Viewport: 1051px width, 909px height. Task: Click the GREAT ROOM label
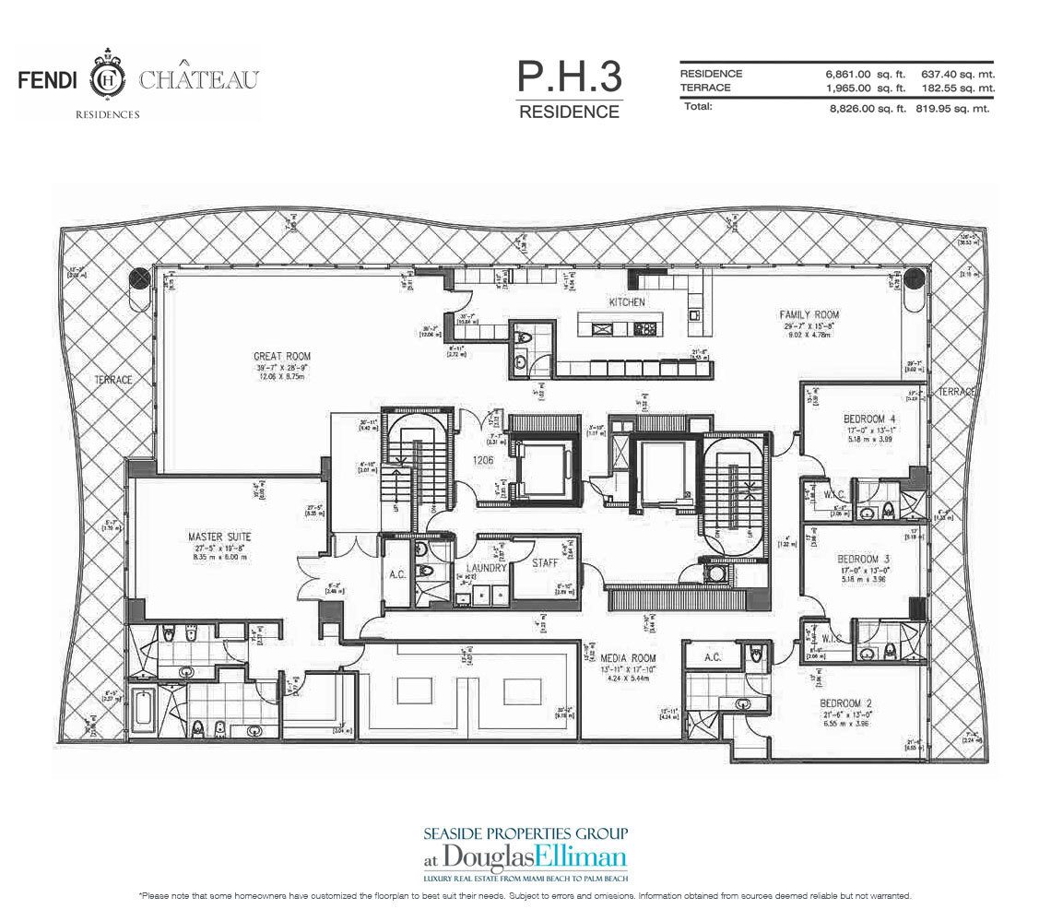(282, 356)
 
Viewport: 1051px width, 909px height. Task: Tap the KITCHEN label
(626, 301)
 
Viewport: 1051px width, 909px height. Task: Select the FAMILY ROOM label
(809, 314)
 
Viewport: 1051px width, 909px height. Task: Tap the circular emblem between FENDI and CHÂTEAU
(110, 80)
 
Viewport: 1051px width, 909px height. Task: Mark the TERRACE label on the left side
(112, 379)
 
